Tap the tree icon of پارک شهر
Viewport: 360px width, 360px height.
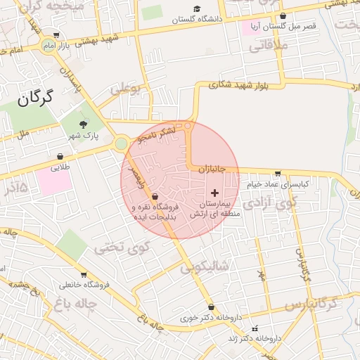click(x=84, y=124)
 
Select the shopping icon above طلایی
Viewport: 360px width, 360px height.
click(x=60, y=157)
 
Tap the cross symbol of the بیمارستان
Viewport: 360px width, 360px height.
click(x=214, y=192)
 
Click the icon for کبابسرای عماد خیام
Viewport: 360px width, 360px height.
click(x=278, y=174)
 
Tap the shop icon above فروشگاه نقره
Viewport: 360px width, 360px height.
click(x=155, y=197)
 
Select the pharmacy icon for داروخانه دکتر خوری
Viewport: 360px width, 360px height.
click(x=212, y=307)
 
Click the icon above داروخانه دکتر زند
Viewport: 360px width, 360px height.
click(x=255, y=328)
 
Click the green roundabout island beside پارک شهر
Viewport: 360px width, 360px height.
click(x=121, y=143)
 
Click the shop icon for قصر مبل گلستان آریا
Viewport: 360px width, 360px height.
click(x=283, y=15)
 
